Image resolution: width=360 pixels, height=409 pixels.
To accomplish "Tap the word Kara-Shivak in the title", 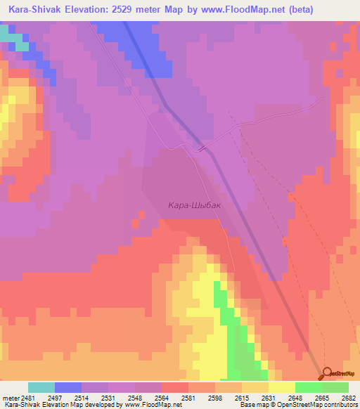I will pos(34,9).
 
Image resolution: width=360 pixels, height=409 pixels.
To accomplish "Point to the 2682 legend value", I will pos(348,398).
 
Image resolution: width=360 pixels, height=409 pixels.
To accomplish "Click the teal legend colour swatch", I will pos(41,387).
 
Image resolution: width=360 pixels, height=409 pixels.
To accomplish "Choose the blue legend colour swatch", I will pos(68,387).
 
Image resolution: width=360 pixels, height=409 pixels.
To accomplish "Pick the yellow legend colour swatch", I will pos(281,387).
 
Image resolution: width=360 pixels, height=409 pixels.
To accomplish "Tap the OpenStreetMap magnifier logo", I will pos(328,373).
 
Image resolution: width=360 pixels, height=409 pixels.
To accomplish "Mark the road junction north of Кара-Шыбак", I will pos(202,148).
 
